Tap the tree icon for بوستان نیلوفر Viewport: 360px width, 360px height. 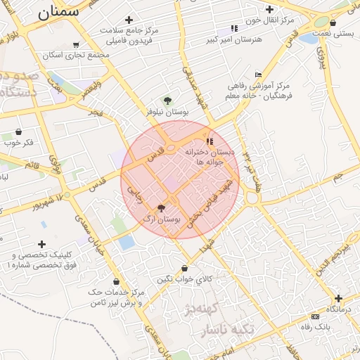[167, 101]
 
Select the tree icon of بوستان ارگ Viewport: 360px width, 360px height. [162, 208]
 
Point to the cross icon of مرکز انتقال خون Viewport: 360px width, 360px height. [269, 8]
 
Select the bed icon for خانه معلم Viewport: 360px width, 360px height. [259, 75]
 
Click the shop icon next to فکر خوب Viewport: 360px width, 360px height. [18, 131]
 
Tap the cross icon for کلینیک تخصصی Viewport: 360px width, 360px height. [41, 244]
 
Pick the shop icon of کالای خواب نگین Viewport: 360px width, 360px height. [185, 268]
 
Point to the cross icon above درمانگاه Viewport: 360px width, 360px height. [339, 298]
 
